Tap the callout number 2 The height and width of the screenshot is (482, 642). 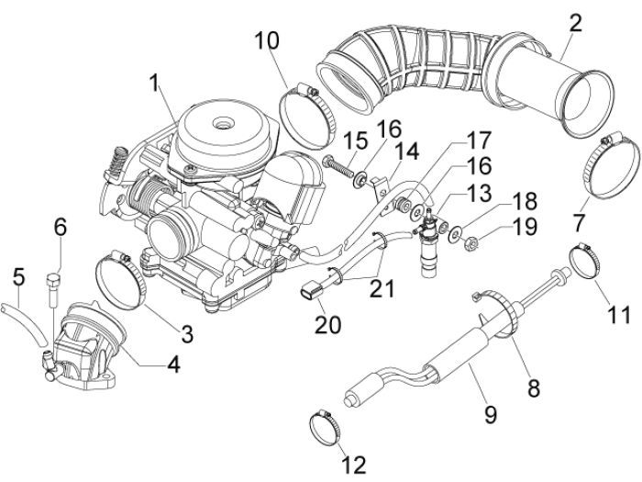pyautogui.click(x=574, y=23)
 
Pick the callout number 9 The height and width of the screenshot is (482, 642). pyautogui.click(x=490, y=415)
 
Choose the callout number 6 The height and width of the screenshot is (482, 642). pyautogui.click(x=60, y=226)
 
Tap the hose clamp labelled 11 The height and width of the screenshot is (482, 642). pyautogui.click(x=588, y=260)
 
